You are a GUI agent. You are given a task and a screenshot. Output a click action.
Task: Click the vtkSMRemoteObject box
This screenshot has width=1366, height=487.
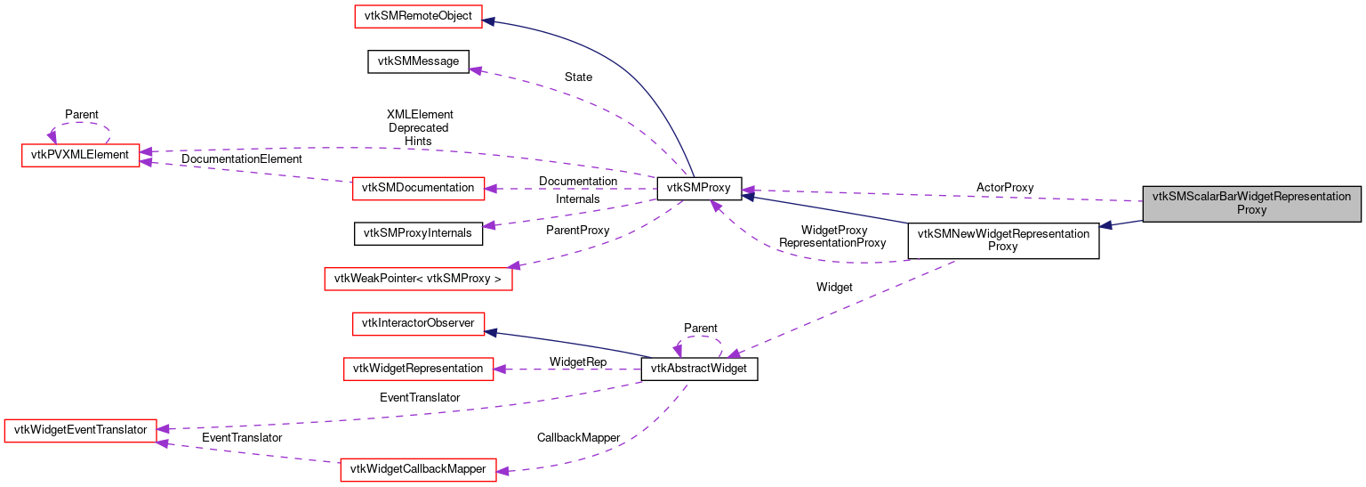coord(418,16)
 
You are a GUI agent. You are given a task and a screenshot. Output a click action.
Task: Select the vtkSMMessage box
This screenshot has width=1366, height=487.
coord(418,61)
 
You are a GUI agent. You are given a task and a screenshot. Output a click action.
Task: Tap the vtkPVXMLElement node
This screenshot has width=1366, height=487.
coord(80,155)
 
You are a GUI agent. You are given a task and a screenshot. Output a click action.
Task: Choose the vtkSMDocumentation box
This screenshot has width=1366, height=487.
coord(418,188)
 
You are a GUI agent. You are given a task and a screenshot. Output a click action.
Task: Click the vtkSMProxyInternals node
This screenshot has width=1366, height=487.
coord(418,233)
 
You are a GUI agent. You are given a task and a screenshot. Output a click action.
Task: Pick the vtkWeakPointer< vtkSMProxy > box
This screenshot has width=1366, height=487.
coord(418,279)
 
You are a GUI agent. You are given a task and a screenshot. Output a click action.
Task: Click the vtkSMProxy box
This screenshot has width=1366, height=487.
coord(698,188)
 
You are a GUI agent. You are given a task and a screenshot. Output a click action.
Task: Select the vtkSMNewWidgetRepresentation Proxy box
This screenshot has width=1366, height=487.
coord(1002,240)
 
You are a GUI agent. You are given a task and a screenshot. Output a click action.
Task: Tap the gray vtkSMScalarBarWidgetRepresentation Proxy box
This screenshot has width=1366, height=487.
coord(1251,204)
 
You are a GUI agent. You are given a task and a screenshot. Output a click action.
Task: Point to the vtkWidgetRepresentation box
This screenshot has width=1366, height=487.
coord(418,368)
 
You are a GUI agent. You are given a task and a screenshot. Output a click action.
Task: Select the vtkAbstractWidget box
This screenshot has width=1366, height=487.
coord(699,369)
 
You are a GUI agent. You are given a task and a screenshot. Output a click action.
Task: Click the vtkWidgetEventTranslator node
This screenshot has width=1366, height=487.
coord(81,430)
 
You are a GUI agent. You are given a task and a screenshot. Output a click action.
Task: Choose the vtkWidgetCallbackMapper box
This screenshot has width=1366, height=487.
coord(418,469)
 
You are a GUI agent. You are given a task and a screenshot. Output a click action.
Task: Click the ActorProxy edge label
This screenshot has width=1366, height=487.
coord(1005,188)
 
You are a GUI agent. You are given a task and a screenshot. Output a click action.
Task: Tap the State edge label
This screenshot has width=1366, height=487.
coord(578,77)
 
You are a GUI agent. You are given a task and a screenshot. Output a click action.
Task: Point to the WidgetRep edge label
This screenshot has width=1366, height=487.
coord(578,362)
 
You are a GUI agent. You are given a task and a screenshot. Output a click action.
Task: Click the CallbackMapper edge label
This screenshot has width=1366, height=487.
coord(578,438)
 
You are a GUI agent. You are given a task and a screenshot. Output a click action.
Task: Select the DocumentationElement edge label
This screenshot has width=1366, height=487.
coord(242,159)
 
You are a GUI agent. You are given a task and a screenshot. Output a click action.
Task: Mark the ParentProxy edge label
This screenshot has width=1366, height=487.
coord(578,231)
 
